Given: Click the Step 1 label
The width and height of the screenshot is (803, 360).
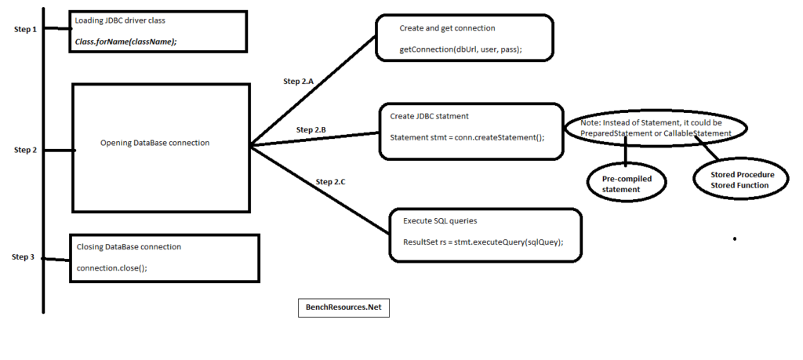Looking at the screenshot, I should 26,29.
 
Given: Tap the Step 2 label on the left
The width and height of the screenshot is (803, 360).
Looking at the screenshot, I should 26,149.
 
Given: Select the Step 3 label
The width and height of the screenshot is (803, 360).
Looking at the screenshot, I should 24,256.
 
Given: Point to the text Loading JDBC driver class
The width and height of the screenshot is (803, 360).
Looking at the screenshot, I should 120,20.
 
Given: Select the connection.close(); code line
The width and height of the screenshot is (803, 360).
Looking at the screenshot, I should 112,267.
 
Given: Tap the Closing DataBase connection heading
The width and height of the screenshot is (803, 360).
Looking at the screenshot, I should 129,246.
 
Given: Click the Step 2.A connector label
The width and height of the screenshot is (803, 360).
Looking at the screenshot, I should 299,81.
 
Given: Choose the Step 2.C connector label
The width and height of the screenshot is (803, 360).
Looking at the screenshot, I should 330,181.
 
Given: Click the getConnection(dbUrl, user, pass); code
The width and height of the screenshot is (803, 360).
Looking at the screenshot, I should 460,49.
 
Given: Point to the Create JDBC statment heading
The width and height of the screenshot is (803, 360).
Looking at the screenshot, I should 429,116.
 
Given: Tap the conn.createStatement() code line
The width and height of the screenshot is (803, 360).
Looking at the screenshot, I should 468,136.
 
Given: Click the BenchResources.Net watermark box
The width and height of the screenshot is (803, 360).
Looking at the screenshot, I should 343,308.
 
